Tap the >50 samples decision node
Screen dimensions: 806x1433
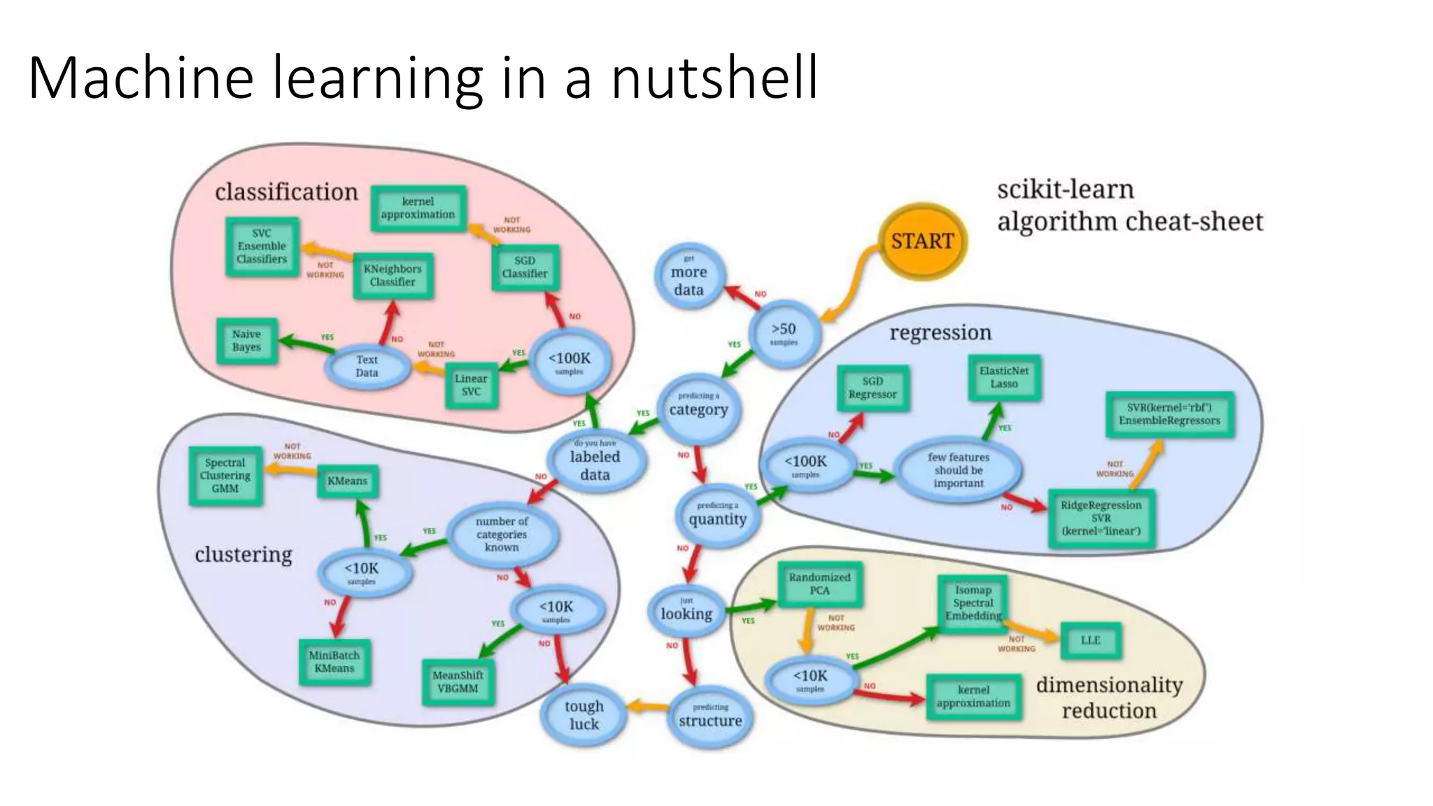[x=783, y=333]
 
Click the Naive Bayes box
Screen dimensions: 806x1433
[x=247, y=341]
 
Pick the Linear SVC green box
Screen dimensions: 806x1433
[x=471, y=385]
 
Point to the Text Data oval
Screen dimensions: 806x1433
[x=367, y=366]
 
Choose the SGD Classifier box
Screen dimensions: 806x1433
[x=525, y=267]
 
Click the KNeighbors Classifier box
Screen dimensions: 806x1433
[x=393, y=276]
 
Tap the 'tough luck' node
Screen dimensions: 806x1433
[x=584, y=715]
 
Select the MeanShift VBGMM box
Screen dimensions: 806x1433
[x=458, y=682]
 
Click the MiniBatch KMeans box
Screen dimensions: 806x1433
[x=334, y=662]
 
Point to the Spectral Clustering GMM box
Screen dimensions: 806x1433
[x=225, y=476]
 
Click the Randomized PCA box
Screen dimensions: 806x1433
[x=819, y=584]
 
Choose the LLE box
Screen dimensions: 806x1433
[x=1090, y=640]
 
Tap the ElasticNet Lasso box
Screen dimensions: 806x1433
[x=1004, y=378]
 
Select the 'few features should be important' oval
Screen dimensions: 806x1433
[x=959, y=470]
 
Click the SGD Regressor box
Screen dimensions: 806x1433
[x=873, y=388]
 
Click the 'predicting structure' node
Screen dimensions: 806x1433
[x=710, y=716]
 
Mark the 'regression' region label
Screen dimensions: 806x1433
[x=940, y=332]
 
